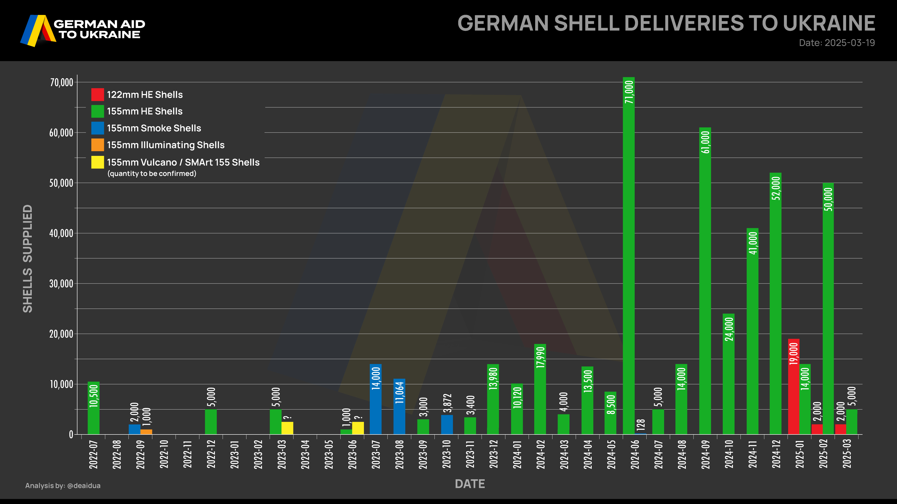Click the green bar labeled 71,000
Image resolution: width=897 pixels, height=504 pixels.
pos(629,256)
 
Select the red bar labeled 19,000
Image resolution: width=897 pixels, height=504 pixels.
pos(794,386)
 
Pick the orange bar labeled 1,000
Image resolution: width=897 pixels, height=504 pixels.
pos(146,432)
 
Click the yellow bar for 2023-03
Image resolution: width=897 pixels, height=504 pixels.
pos(287,428)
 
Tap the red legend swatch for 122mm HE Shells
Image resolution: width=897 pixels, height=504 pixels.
pos(97,94)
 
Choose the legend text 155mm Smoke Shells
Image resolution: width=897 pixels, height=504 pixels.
pos(154,128)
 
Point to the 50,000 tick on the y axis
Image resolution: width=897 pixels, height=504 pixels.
pos(61,183)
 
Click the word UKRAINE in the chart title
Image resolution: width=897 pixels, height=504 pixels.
pos(829,23)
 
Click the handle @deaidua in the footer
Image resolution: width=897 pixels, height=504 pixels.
pos(84,486)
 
